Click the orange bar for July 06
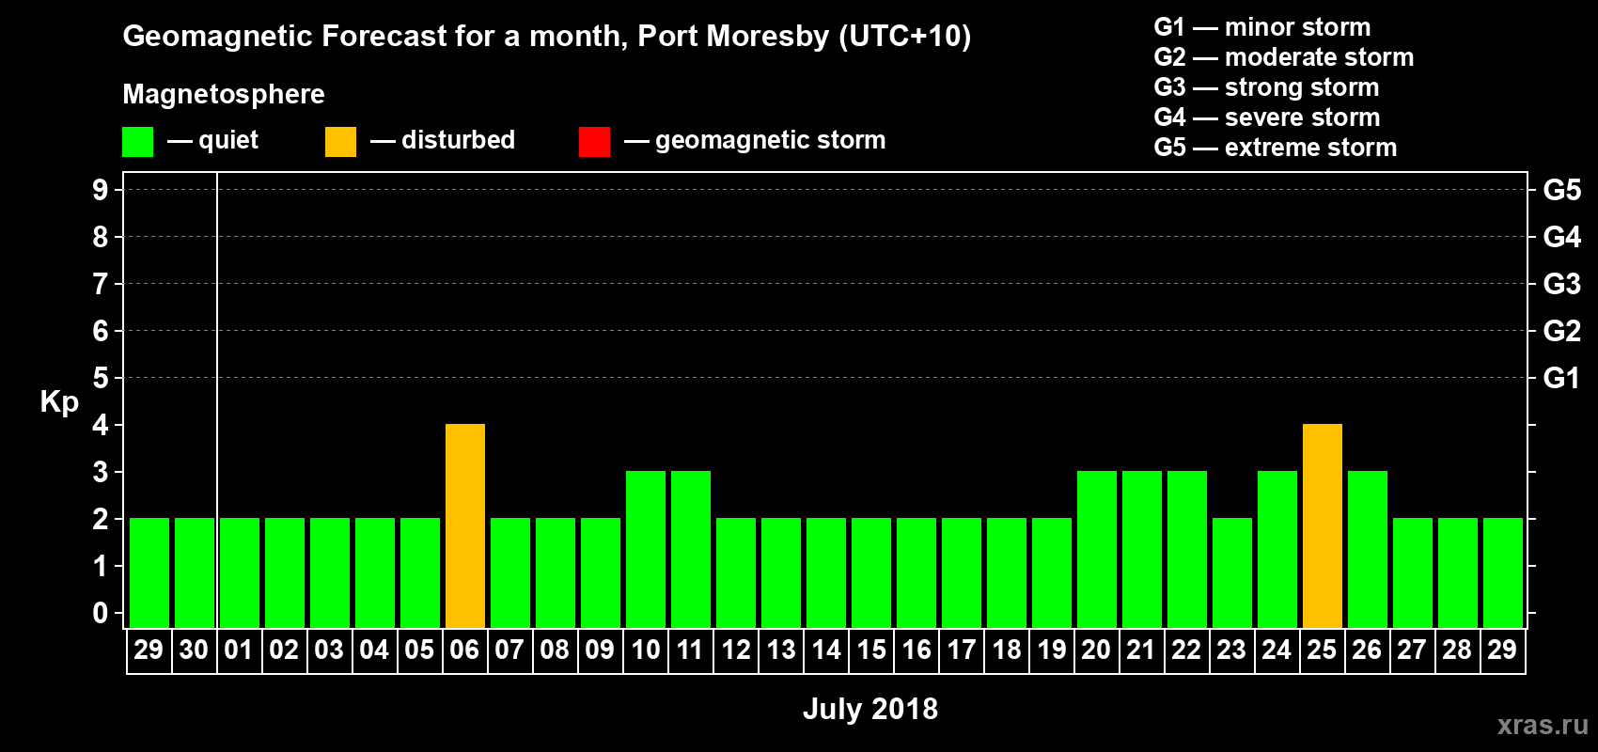(465, 525)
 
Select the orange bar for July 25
(1323, 525)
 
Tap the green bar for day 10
(646, 549)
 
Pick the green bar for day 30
(195, 572)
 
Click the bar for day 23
(1232, 572)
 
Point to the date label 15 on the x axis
(871, 650)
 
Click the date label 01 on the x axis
(239, 650)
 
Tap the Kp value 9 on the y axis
(100, 190)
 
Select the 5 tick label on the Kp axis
(100, 378)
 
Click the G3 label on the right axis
(1561, 284)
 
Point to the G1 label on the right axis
(1561, 378)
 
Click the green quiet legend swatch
(137, 142)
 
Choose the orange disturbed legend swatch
(340, 142)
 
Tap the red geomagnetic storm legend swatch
(594, 142)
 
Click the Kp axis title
(59, 401)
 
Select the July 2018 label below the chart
(869, 709)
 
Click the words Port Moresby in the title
(733, 36)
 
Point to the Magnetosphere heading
(224, 94)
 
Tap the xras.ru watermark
(1543, 725)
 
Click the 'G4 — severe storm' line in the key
(1266, 117)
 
